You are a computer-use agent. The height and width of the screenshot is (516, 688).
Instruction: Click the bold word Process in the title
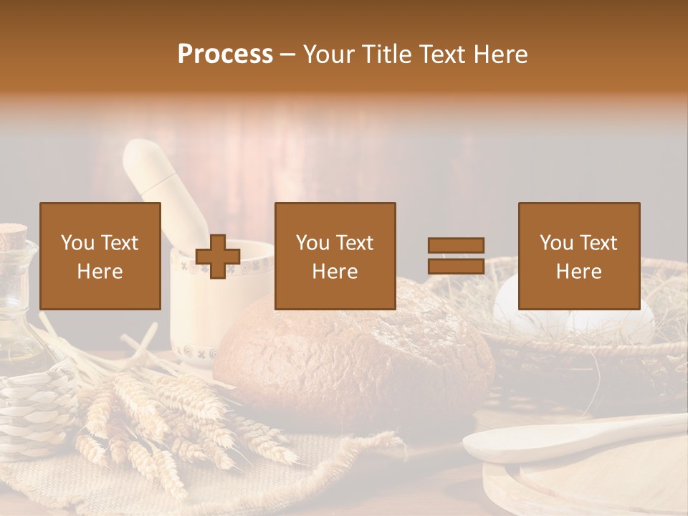(x=225, y=54)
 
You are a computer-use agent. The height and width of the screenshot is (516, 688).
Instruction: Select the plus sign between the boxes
(x=218, y=256)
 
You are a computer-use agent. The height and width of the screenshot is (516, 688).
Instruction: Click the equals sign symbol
(x=456, y=256)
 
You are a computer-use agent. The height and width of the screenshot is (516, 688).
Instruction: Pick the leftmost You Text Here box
(x=100, y=257)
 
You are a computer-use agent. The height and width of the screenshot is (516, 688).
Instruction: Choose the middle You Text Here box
(x=335, y=257)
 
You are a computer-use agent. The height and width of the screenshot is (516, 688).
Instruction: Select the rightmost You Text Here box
(x=578, y=257)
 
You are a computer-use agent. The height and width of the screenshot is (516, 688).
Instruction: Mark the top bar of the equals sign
(x=456, y=246)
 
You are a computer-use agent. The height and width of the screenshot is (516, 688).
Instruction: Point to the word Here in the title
(x=500, y=54)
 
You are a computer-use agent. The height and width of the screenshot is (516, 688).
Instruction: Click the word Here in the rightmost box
(x=578, y=272)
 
